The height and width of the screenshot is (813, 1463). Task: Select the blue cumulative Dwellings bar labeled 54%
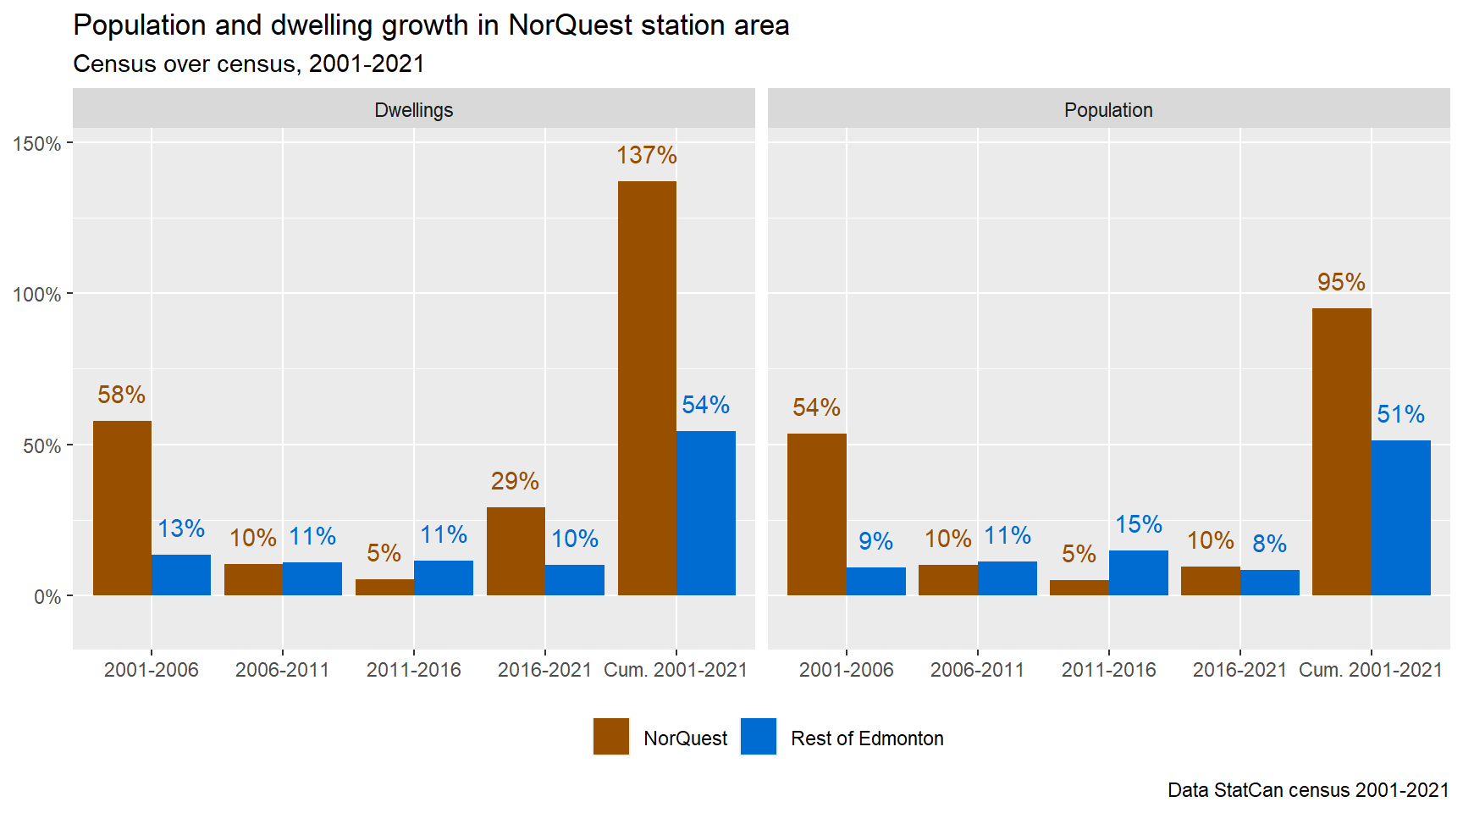pyautogui.click(x=706, y=513)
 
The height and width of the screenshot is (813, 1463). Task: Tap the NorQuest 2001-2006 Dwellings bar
pyautogui.click(x=122, y=508)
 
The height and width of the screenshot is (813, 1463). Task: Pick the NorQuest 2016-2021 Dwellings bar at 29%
pyautogui.click(x=516, y=551)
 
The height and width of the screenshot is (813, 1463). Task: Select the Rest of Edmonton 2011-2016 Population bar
pyautogui.click(x=1139, y=573)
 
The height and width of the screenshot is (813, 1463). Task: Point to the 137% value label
pyautogui.click(x=646, y=155)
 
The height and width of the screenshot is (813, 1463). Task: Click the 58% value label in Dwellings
pyautogui.click(x=121, y=395)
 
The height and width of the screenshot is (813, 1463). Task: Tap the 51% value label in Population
pyautogui.click(x=1400, y=414)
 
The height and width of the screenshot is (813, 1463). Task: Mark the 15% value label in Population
pyautogui.click(x=1139, y=525)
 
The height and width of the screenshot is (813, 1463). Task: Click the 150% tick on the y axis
pyautogui.click(x=37, y=144)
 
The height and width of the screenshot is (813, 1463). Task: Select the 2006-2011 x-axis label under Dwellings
pyautogui.click(x=282, y=670)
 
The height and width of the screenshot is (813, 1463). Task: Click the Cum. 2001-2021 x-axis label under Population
pyautogui.click(x=1370, y=670)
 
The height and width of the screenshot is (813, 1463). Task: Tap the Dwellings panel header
pyautogui.click(x=413, y=110)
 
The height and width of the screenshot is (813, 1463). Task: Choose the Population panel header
pyautogui.click(x=1108, y=110)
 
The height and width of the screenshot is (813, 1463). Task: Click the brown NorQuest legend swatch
pyautogui.click(x=611, y=736)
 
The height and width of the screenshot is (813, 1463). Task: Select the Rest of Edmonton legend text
pyautogui.click(x=867, y=738)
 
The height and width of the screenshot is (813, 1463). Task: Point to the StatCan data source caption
pyautogui.click(x=1308, y=790)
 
